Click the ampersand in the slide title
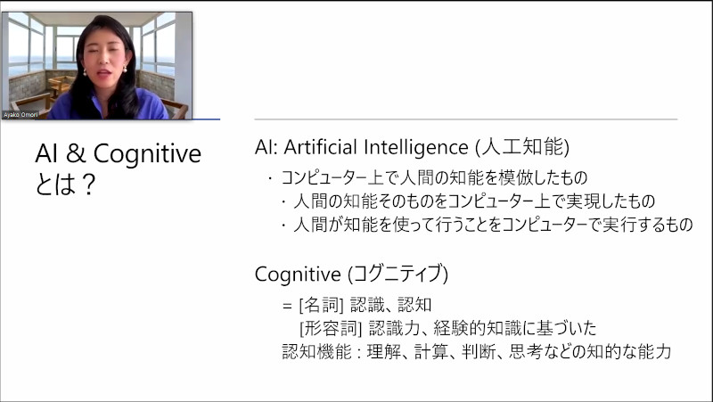pos(76,153)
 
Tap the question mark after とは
pos(88,185)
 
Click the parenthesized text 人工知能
pos(522,147)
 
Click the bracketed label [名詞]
pos(321,305)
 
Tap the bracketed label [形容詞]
pos(331,328)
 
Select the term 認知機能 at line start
pos(317,351)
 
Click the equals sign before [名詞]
pos(287,306)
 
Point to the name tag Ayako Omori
pos(20,115)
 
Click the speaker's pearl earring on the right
pos(125,70)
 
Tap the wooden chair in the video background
pos(58,87)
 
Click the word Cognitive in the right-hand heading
pos(298,275)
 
